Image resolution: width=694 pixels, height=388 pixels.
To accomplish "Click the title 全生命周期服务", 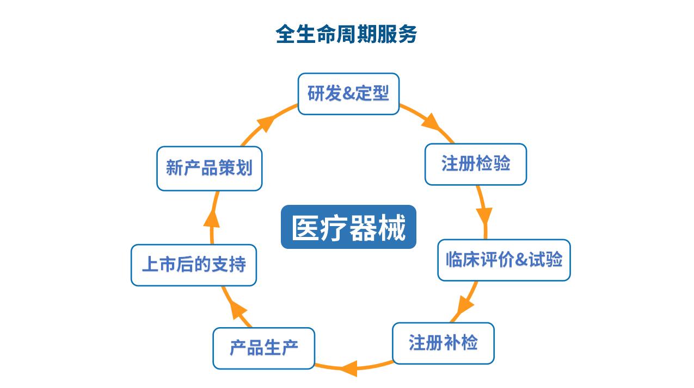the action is tap(346, 34).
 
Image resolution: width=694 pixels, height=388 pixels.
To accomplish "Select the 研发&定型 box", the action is tap(348, 94).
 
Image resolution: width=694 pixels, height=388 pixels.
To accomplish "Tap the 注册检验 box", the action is tap(476, 164).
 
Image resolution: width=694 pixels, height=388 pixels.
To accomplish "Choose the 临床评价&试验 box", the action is tap(504, 260).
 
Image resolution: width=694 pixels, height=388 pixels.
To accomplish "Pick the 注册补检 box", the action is tap(444, 343).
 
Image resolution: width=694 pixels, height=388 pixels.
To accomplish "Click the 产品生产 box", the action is tap(264, 348).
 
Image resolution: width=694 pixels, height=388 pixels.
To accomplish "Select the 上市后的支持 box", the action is tap(194, 265).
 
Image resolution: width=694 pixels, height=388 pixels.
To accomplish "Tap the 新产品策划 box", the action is tap(210, 168).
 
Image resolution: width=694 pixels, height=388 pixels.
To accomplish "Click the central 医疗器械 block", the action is tap(348, 227).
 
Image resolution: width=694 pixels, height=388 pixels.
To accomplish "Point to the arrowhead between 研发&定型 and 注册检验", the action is tap(431, 122).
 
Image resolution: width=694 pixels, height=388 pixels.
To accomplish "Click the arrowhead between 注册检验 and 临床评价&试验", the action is tap(484, 215).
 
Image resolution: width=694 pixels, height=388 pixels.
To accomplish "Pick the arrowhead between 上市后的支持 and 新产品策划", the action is tap(212, 219).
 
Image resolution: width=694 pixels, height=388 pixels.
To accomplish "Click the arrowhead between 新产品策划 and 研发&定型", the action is tap(266, 123).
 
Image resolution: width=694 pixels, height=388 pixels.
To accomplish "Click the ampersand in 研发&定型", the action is tap(348, 93).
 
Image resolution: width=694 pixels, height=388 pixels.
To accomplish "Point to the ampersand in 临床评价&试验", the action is tap(521, 260).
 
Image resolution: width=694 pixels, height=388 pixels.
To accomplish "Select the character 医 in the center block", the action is tap(305, 227).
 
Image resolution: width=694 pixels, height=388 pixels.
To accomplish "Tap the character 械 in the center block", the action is tap(392, 227).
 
